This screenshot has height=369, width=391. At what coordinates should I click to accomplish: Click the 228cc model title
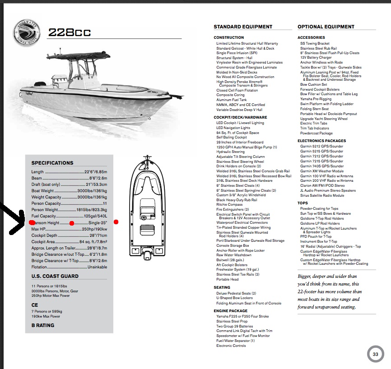(x=70, y=32)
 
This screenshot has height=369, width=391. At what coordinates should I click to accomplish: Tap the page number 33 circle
(x=375, y=354)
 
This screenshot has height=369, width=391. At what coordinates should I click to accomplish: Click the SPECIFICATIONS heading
(x=52, y=163)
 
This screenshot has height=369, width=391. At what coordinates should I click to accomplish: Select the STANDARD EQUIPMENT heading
(x=243, y=27)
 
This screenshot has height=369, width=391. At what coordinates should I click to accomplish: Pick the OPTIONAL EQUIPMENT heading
(x=326, y=27)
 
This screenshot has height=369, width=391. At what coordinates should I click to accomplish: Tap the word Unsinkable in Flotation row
(x=97, y=267)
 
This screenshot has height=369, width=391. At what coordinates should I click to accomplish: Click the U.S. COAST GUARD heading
(x=55, y=276)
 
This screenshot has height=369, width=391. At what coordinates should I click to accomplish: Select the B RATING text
(x=43, y=325)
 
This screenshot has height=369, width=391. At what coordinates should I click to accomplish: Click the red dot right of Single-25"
(x=116, y=222)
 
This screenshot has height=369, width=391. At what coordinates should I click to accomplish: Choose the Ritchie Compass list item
(x=230, y=204)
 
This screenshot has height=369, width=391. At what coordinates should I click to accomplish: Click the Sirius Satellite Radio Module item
(x=322, y=195)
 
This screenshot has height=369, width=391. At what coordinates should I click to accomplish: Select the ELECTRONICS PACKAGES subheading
(x=321, y=141)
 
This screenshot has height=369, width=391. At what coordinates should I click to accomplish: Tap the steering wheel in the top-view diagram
(x=144, y=218)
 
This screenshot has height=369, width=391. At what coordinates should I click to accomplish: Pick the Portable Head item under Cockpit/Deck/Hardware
(x=227, y=279)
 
